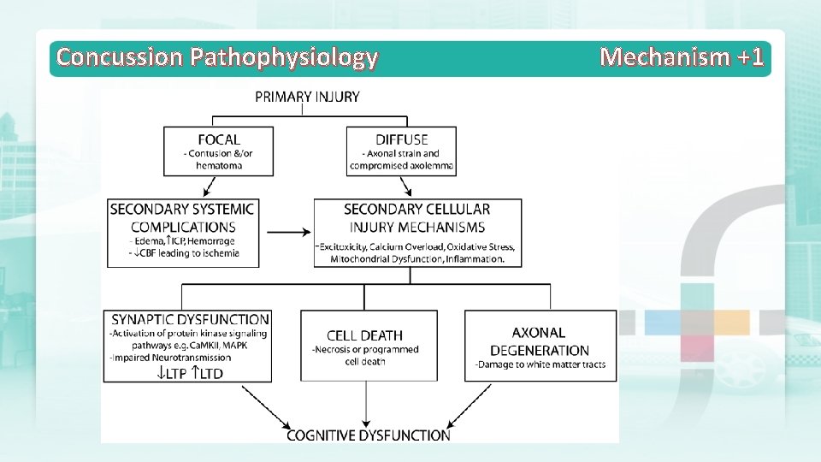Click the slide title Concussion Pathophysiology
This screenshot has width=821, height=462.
216,57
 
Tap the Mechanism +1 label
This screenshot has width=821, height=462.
682,57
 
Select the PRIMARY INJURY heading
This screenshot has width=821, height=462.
307,97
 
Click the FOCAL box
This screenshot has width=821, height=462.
219,151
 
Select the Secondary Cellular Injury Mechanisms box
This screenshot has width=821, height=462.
416,232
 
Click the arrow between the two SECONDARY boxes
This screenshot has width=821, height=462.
288,231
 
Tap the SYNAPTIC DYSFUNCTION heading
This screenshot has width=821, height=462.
190,319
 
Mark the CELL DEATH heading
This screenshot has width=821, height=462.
364,335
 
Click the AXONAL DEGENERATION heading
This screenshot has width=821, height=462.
540,341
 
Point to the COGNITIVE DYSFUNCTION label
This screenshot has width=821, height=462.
368,435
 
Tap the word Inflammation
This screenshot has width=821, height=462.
475,258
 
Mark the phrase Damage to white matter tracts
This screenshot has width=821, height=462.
540,365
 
